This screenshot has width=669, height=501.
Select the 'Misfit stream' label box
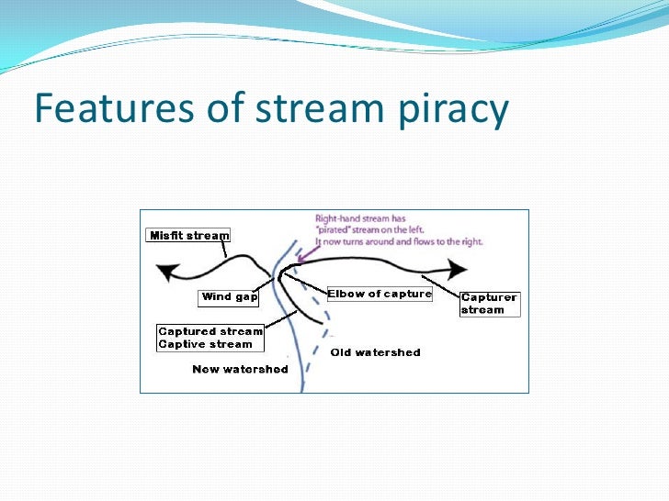188,236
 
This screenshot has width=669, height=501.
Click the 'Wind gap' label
229,297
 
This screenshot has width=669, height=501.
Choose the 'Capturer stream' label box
489,304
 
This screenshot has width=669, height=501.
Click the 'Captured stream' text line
210,331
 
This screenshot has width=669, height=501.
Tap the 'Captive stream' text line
205,344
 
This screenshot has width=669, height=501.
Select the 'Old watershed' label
375,352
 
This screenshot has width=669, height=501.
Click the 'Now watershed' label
240,369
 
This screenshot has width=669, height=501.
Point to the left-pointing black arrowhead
166,273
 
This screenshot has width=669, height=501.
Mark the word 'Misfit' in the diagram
165,236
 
